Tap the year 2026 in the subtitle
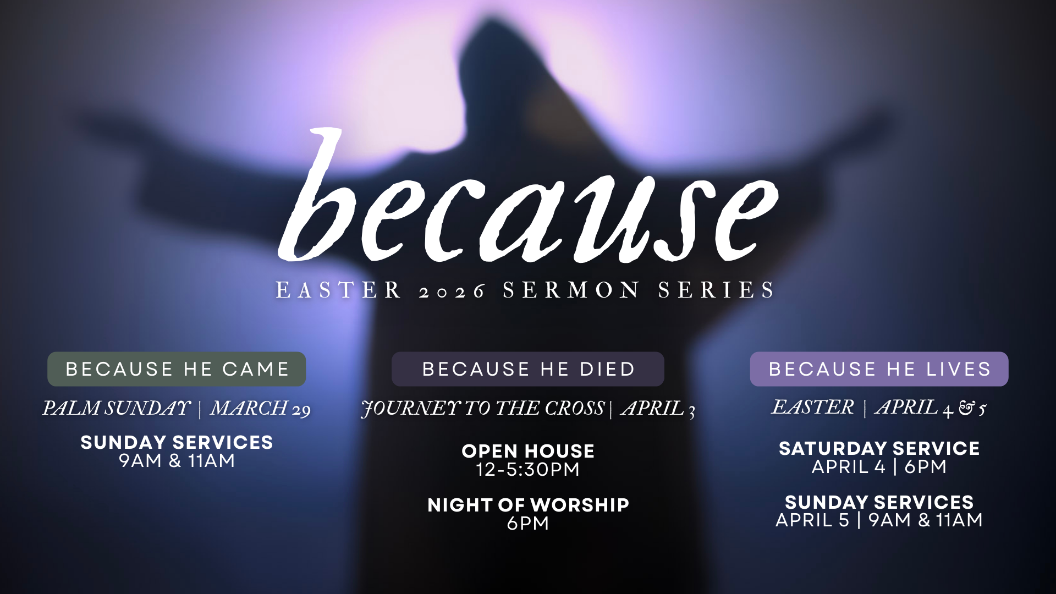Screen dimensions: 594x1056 tap(452, 290)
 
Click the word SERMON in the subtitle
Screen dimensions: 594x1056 tap(571, 290)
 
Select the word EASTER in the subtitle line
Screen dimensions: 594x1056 tap(338, 290)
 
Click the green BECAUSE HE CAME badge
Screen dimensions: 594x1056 tap(177, 369)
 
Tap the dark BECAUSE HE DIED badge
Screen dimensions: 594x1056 tap(528, 369)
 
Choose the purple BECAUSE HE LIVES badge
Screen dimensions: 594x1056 tap(879, 369)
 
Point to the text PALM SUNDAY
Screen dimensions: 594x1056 tap(117, 408)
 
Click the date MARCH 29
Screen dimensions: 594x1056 tap(260, 409)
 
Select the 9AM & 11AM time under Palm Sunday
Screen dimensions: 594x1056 tap(177, 461)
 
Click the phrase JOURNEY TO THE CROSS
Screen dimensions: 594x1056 tap(483, 409)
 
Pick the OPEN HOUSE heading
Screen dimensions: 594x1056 tap(528, 451)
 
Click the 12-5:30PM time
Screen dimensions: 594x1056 tap(528, 470)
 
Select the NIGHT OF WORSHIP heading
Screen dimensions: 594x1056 tap(528, 505)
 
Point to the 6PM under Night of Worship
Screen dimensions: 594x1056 tap(528, 523)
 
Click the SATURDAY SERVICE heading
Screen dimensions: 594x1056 tap(879, 448)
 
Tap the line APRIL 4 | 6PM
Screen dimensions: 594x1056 tap(879, 467)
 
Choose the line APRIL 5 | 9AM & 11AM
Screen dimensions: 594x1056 tap(879, 520)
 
